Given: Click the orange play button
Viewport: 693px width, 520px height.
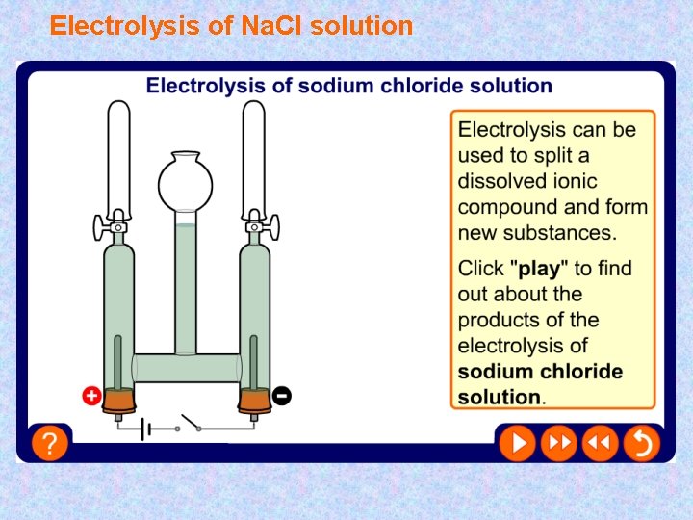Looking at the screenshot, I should pos(517,443).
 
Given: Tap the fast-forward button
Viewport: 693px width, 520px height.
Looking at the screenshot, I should pos(558,443).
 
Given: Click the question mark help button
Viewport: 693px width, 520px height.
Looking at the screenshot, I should pos(49,443).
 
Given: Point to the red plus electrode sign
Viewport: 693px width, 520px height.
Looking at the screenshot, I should pos(91,395).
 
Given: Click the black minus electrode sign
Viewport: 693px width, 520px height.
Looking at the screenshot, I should pos(282,395).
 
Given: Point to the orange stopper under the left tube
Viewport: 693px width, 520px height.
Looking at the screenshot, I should pos(118,399).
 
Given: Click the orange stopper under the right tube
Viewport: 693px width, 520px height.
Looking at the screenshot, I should pos(254,399).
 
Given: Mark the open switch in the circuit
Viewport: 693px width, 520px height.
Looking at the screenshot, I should pos(189,425).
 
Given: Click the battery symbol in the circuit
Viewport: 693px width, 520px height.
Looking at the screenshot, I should pos(145,428).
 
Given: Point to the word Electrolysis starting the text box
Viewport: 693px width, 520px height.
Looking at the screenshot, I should pos(511,129).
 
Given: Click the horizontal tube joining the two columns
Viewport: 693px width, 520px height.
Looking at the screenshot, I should pos(187,367).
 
